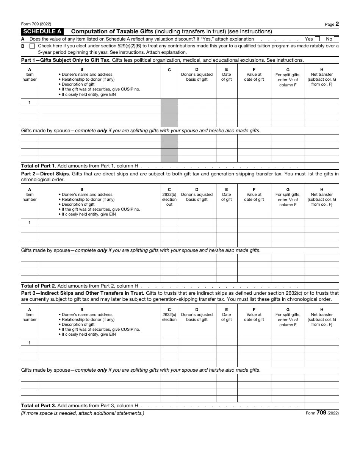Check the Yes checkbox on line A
[x=317, y=39]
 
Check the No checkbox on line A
[x=337, y=39]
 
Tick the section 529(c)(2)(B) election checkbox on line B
[x=32, y=46]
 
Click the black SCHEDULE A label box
[x=42, y=31]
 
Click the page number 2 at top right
[x=337, y=24]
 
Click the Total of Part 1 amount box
[x=322, y=166]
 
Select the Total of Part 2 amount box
[x=322, y=286]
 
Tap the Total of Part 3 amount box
[x=322, y=405]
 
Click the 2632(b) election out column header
[x=169, y=197]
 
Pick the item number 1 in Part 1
[x=30, y=103]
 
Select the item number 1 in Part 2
[x=30, y=223]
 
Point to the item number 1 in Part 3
[x=30, y=342]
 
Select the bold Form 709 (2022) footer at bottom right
[x=322, y=413]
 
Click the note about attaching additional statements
[x=83, y=413]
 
